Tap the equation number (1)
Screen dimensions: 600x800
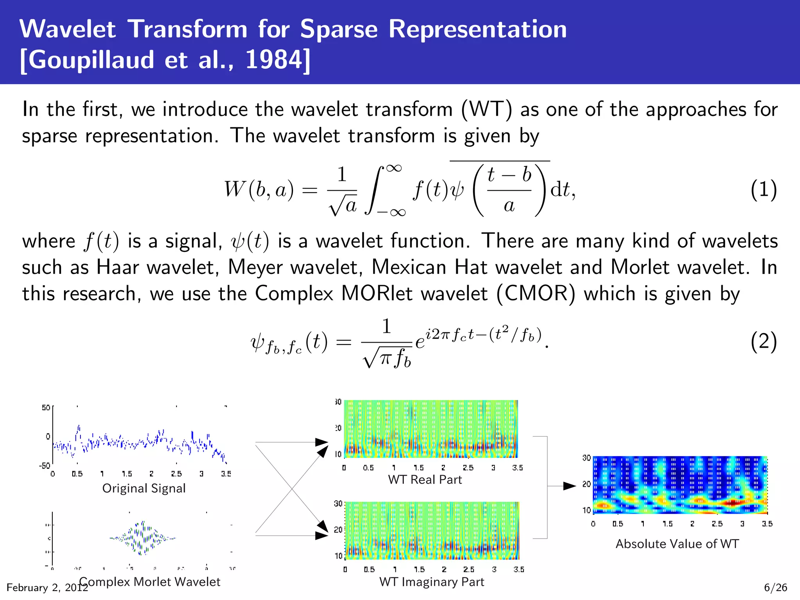point(763,190)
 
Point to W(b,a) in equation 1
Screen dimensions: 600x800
point(259,190)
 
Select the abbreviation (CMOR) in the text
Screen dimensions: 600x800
point(536,294)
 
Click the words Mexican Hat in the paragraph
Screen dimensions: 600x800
point(429,268)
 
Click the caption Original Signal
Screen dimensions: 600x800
point(144,488)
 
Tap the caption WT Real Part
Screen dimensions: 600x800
point(425,480)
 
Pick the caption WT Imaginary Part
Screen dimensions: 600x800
point(432,582)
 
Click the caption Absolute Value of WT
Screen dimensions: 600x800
point(677,544)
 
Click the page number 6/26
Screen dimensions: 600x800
point(775,587)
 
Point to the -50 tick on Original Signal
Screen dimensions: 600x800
point(44,466)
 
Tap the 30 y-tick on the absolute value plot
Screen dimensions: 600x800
point(586,458)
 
